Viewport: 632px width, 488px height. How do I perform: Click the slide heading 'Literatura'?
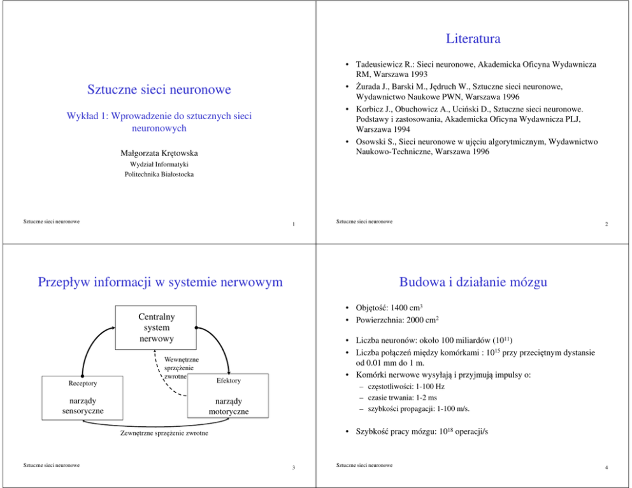(473, 39)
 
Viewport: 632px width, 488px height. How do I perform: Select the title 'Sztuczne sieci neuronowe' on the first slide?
(159, 90)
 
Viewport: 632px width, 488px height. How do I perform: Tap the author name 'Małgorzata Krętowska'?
(159, 153)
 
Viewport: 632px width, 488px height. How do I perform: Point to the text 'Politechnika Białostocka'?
(159, 174)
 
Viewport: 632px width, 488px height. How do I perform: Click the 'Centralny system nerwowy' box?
(155, 327)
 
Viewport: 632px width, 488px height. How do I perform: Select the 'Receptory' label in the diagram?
(83, 384)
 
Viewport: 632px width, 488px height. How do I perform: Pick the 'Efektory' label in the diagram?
(228, 380)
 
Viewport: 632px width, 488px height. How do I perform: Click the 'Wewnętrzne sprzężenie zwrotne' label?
(181, 368)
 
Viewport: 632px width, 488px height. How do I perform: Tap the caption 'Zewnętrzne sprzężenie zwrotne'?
(164, 434)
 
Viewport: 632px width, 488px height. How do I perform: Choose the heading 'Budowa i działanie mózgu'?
(473, 282)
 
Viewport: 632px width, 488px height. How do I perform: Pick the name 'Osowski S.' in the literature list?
(375, 142)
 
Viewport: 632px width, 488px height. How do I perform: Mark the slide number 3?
(292, 468)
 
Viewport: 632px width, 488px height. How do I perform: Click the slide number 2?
(607, 224)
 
